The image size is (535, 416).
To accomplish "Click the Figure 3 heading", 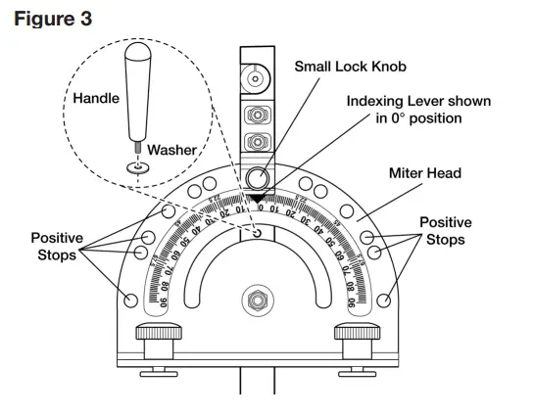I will [x=54, y=19].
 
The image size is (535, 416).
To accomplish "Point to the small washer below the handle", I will [x=138, y=167].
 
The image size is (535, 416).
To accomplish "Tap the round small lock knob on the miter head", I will [x=257, y=178].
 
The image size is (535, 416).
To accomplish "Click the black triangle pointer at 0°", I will [x=257, y=200].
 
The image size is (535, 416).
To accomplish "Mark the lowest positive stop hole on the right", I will [x=383, y=300].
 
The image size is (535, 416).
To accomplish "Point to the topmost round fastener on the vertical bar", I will [x=257, y=77].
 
